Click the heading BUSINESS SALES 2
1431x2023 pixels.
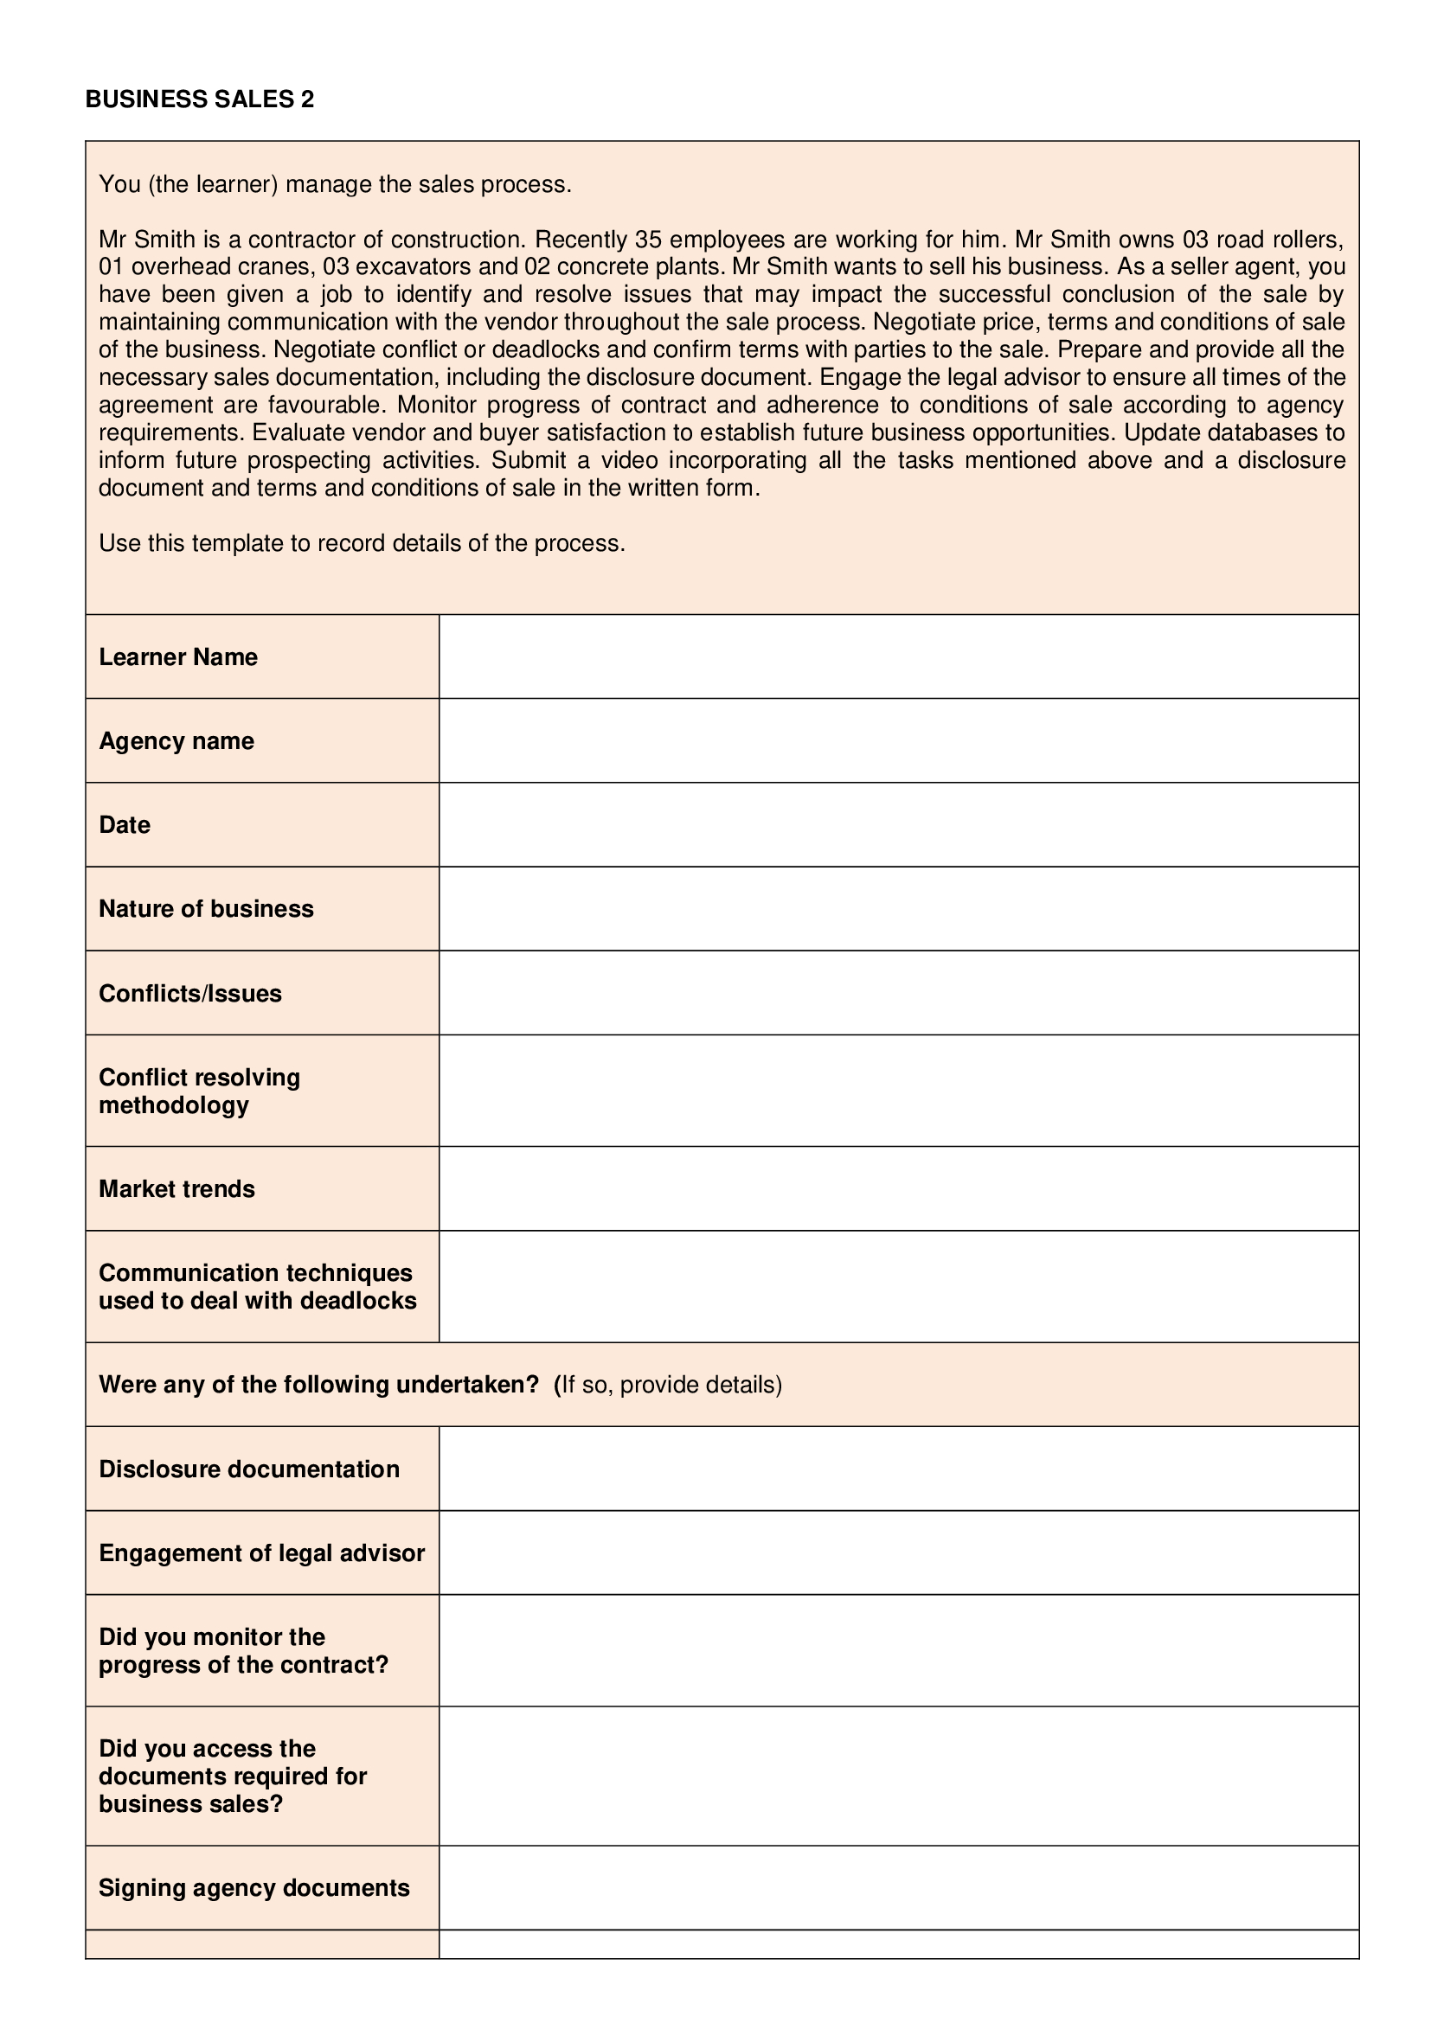click(199, 99)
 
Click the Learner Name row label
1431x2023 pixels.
click(178, 657)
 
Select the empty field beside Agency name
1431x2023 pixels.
click(899, 741)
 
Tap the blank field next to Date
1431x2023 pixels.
click(899, 825)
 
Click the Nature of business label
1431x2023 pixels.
click(206, 909)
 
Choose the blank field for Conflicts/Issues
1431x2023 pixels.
click(899, 993)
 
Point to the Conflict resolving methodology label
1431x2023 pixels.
click(199, 1091)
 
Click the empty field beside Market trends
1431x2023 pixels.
click(899, 1188)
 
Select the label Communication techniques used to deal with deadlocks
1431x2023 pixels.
click(257, 1286)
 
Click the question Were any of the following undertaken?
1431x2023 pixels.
click(318, 1385)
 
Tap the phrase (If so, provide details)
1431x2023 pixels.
click(668, 1385)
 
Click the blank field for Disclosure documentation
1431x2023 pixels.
click(899, 1469)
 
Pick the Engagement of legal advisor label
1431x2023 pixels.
click(261, 1552)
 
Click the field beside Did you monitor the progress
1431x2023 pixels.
click(899, 1650)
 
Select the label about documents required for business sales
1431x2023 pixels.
click(233, 1777)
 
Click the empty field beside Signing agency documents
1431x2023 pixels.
click(899, 1888)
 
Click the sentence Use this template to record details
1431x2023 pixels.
click(362, 544)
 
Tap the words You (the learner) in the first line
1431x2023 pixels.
click(189, 184)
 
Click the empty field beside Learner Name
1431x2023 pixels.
click(899, 657)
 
